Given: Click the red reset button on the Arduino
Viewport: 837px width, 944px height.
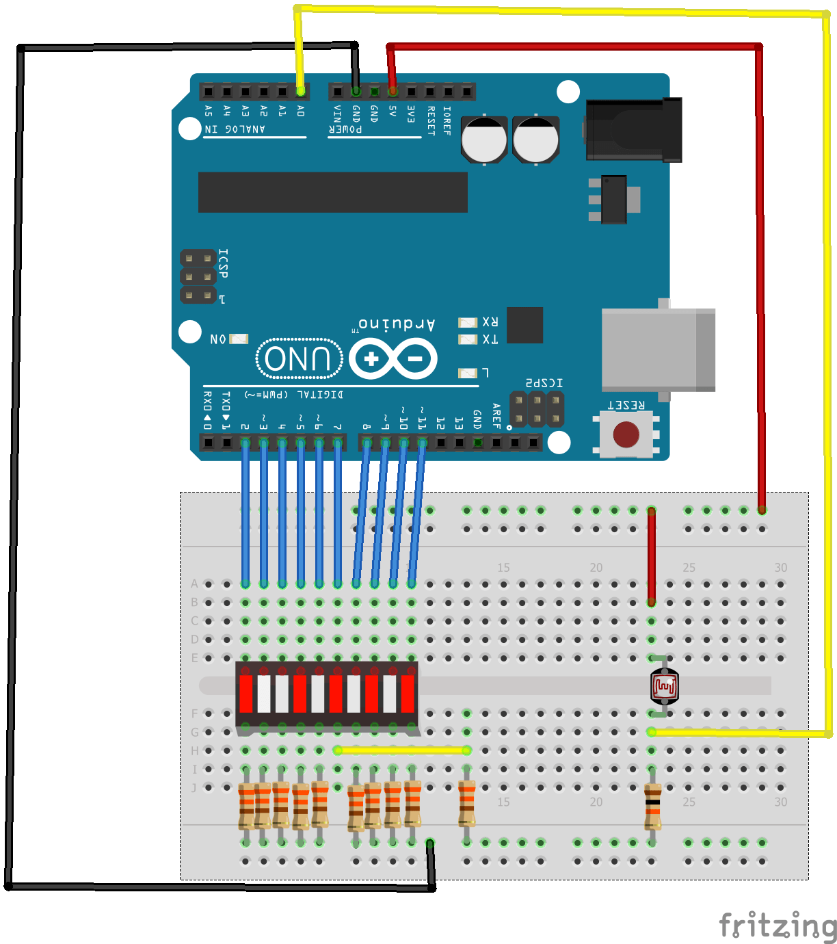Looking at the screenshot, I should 626,434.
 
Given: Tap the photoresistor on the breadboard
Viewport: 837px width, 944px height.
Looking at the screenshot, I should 664,686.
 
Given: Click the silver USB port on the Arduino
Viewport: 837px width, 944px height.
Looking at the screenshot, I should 657,350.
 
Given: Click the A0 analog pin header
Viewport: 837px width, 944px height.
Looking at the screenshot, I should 300,91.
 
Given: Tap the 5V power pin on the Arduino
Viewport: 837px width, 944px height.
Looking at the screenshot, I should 393,91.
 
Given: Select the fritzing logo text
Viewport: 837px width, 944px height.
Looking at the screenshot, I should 777,926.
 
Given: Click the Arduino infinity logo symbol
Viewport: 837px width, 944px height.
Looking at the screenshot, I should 393,358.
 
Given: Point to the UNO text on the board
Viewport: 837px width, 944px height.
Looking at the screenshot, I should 298,358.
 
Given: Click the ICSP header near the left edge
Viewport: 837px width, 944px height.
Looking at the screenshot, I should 198,277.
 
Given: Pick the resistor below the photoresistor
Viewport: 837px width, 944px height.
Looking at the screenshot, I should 652,807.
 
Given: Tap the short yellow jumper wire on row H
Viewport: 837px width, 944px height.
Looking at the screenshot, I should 402,750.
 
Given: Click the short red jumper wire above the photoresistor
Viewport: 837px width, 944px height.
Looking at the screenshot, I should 652,555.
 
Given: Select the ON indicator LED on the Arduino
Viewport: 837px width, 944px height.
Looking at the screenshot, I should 239,339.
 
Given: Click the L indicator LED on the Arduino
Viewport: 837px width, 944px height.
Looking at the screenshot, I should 468,373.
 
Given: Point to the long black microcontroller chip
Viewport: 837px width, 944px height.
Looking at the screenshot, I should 332,192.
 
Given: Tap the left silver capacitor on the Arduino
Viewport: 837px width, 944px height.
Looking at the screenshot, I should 484,140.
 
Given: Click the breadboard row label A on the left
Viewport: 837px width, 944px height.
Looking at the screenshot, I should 194,584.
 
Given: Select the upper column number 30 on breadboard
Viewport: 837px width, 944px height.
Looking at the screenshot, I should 780,568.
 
